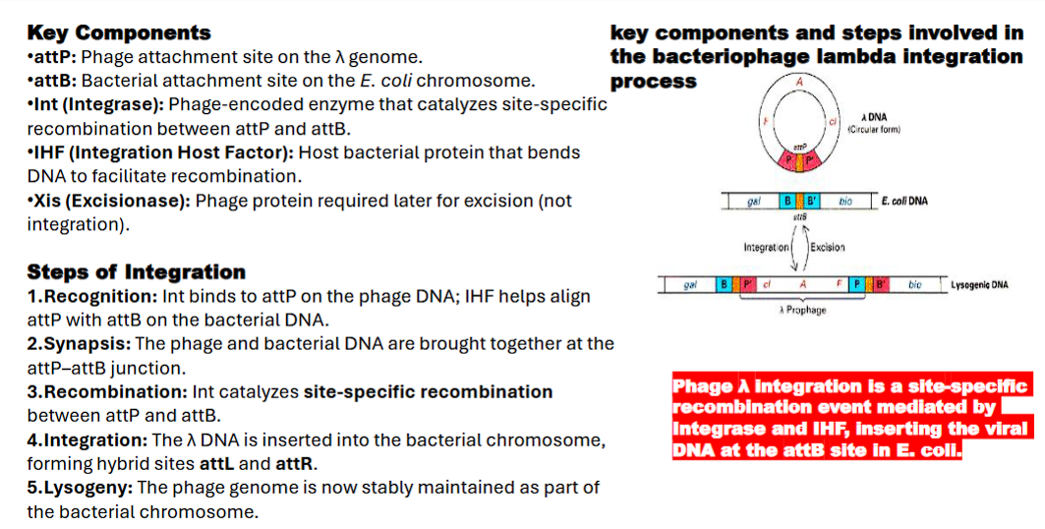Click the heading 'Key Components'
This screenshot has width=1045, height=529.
tap(118, 33)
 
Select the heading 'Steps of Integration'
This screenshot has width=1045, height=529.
tap(136, 271)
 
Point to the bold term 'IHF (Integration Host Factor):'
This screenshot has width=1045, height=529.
tap(161, 152)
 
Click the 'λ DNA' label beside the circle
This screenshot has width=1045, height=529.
tap(873, 117)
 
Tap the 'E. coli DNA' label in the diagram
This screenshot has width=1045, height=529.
tap(903, 202)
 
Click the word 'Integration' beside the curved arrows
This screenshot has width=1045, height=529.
tap(768, 247)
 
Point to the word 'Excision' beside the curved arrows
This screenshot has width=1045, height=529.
tap(828, 247)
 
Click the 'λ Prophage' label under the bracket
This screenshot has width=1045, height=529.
tap(802, 310)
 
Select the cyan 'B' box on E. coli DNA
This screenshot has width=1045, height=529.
tap(786, 202)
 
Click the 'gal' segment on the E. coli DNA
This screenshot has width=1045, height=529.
tap(753, 202)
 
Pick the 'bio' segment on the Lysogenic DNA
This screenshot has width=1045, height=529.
tap(914, 285)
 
